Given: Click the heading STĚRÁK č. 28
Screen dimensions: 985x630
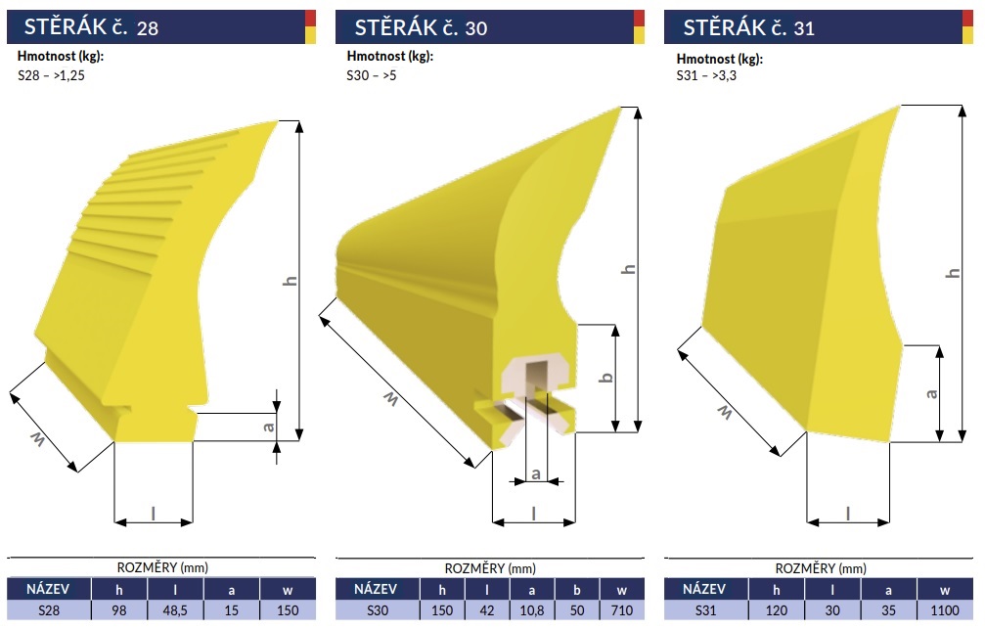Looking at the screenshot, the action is point(91,27).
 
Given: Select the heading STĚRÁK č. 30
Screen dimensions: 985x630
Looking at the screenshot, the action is point(421,27).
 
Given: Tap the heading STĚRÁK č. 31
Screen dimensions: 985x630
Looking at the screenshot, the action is point(748,27).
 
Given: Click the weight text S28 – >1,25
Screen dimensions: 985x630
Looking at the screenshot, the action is point(51,75).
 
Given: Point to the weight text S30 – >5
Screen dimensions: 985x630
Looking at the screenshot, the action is point(372,75).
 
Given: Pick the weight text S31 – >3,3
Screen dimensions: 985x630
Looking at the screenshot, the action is point(706,76).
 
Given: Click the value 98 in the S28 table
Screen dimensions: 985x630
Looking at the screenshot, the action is point(118,609).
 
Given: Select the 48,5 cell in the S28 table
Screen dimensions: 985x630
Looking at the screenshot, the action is point(175,609).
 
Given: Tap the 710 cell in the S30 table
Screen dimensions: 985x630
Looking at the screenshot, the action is point(621,609).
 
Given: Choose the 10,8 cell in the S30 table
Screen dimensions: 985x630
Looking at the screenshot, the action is point(531,609).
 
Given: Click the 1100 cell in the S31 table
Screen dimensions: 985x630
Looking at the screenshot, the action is point(944,609).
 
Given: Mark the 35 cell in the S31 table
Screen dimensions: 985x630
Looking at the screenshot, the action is point(888,609).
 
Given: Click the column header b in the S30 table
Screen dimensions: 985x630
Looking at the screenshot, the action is point(577,590).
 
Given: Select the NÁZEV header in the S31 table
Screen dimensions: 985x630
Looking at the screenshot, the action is point(703,589).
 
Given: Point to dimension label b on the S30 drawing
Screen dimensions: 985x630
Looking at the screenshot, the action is point(606,378).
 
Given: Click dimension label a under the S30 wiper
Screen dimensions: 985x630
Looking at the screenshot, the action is point(536,473).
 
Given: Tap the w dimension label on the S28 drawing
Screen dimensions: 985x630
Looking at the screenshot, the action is point(37,439).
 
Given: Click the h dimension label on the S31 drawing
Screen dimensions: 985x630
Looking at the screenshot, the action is point(953,273).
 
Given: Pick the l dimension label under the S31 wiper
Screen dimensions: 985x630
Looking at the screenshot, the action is point(847,514).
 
